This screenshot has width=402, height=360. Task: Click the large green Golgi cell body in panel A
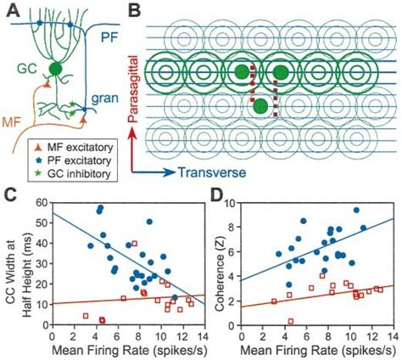(56, 69)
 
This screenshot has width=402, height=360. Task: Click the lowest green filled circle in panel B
(260, 106)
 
